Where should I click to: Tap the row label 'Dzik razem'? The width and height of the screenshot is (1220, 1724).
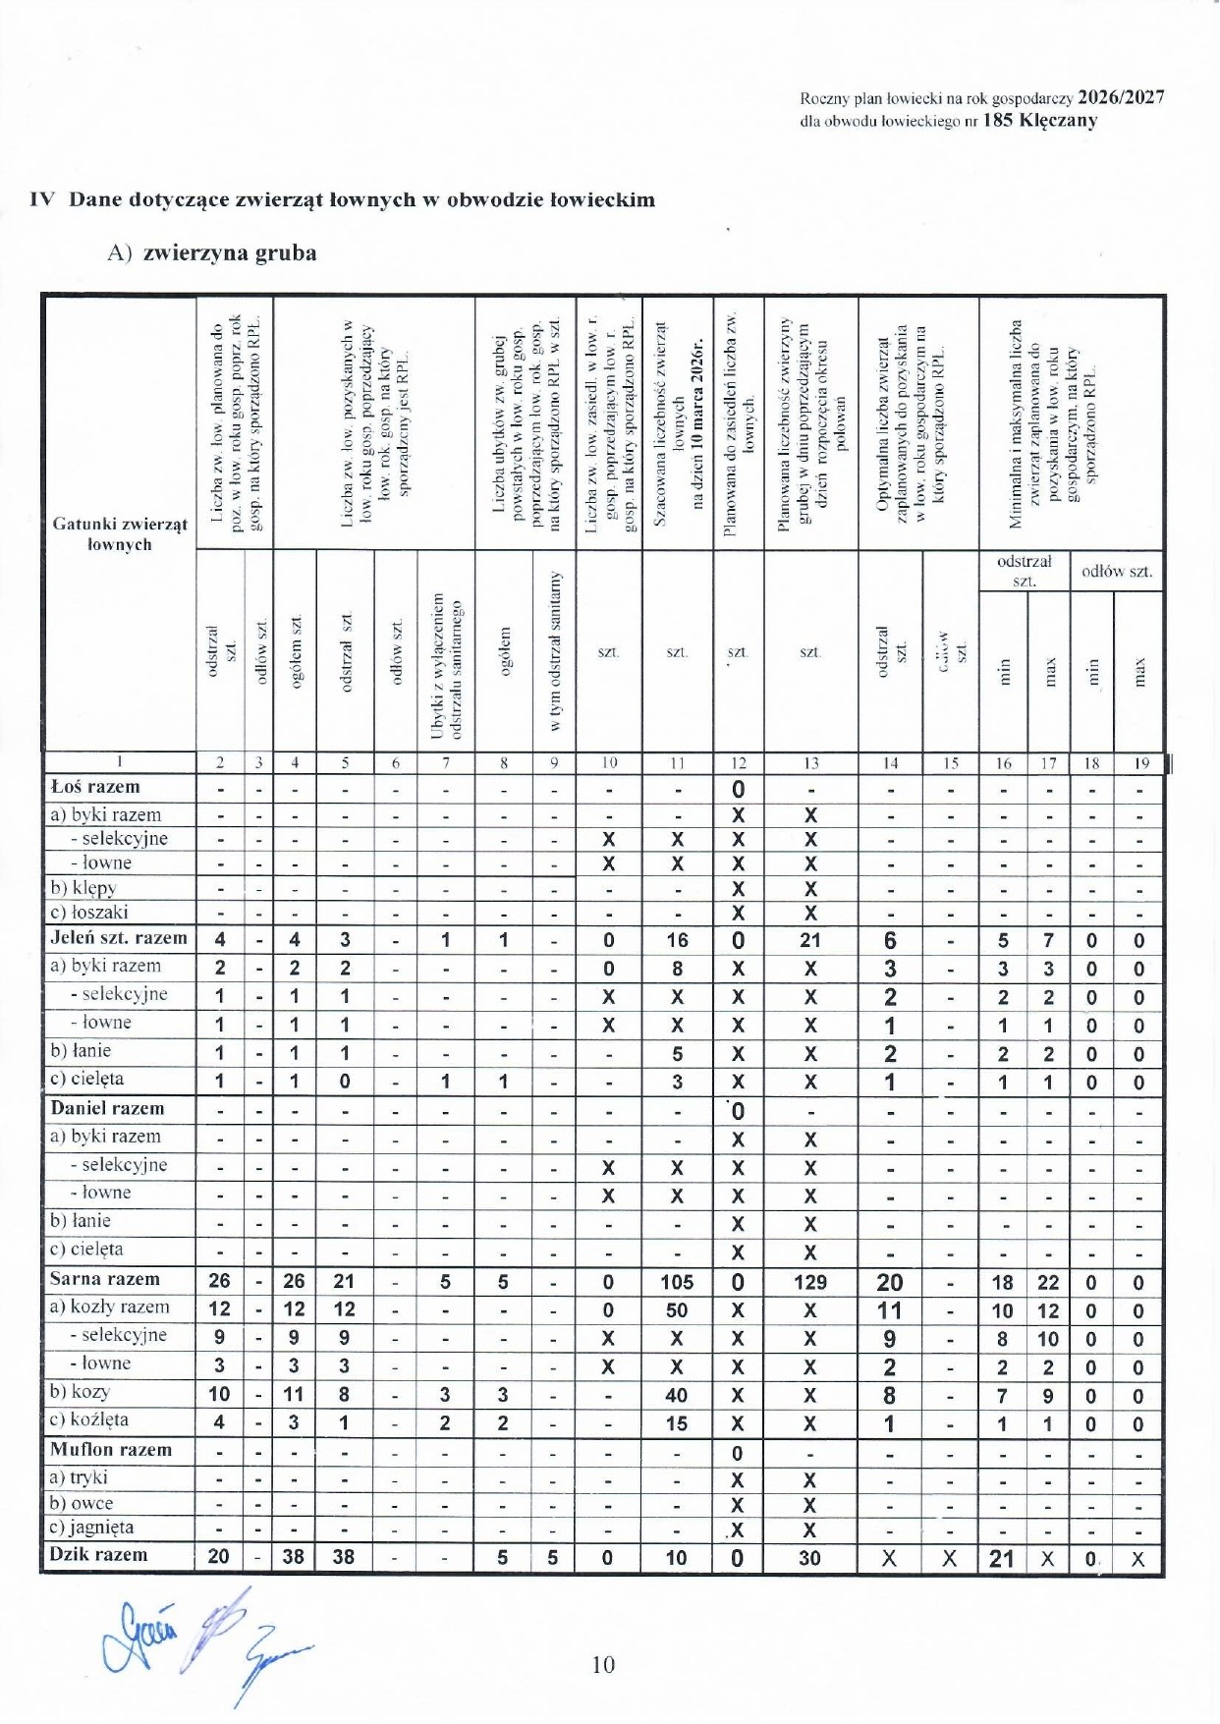[x=98, y=1554]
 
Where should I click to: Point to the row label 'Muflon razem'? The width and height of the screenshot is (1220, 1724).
[x=111, y=1449]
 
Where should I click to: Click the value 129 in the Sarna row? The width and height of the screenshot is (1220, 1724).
[x=809, y=1282]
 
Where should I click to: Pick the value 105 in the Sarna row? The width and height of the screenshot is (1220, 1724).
[x=676, y=1282]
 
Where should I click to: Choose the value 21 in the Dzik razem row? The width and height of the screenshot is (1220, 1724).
[x=1001, y=1558]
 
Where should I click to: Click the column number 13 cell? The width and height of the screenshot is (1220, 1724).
[x=810, y=762]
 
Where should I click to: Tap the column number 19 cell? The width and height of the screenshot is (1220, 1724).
[x=1140, y=762]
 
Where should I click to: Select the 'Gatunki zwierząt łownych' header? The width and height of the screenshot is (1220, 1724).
[x=120, y=534]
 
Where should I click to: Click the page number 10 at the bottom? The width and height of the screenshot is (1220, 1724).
[x=603, y=1664]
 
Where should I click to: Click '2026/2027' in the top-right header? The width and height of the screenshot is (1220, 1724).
[x=1121, y=97]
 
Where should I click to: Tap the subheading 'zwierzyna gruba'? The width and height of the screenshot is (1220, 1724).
[x=230, y=253]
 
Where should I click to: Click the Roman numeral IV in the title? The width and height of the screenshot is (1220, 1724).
[x=42, y=199]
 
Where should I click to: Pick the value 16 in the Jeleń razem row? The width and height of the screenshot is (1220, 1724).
[x=677, y=940]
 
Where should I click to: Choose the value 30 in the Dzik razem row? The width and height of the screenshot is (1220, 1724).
[x=809, y=1558]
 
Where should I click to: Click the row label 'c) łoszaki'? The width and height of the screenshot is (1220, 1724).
[x=88, y=912]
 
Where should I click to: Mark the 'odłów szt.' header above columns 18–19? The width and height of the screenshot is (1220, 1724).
[x=1117, y=571]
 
